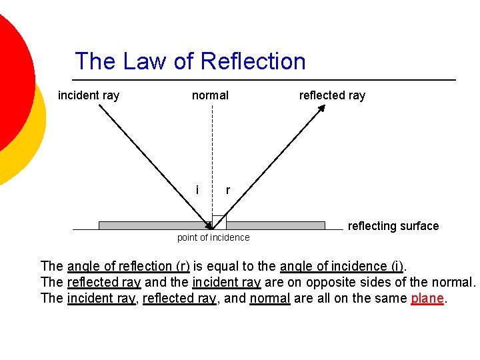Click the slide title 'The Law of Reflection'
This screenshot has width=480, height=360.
(x=190, y=61)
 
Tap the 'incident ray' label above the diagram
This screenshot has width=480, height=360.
(x=89, y=95)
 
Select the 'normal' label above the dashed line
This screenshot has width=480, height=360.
(x=210, y=95)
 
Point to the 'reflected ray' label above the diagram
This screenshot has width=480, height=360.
(x=332, y=95)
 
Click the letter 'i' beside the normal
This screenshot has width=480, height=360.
(x=197, y=190)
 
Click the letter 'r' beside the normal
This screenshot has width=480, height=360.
(x=228, y=191)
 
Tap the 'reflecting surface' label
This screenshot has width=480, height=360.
(x=393, y=226)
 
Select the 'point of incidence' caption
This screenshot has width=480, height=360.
(x=213, y=238)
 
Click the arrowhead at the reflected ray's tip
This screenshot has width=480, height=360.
(x=321, y=108)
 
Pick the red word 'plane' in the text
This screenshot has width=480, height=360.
(x=427, y=298)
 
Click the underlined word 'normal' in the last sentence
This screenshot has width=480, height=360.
(x=269, y=298)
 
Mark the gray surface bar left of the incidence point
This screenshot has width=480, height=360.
(x=150, y=225)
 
